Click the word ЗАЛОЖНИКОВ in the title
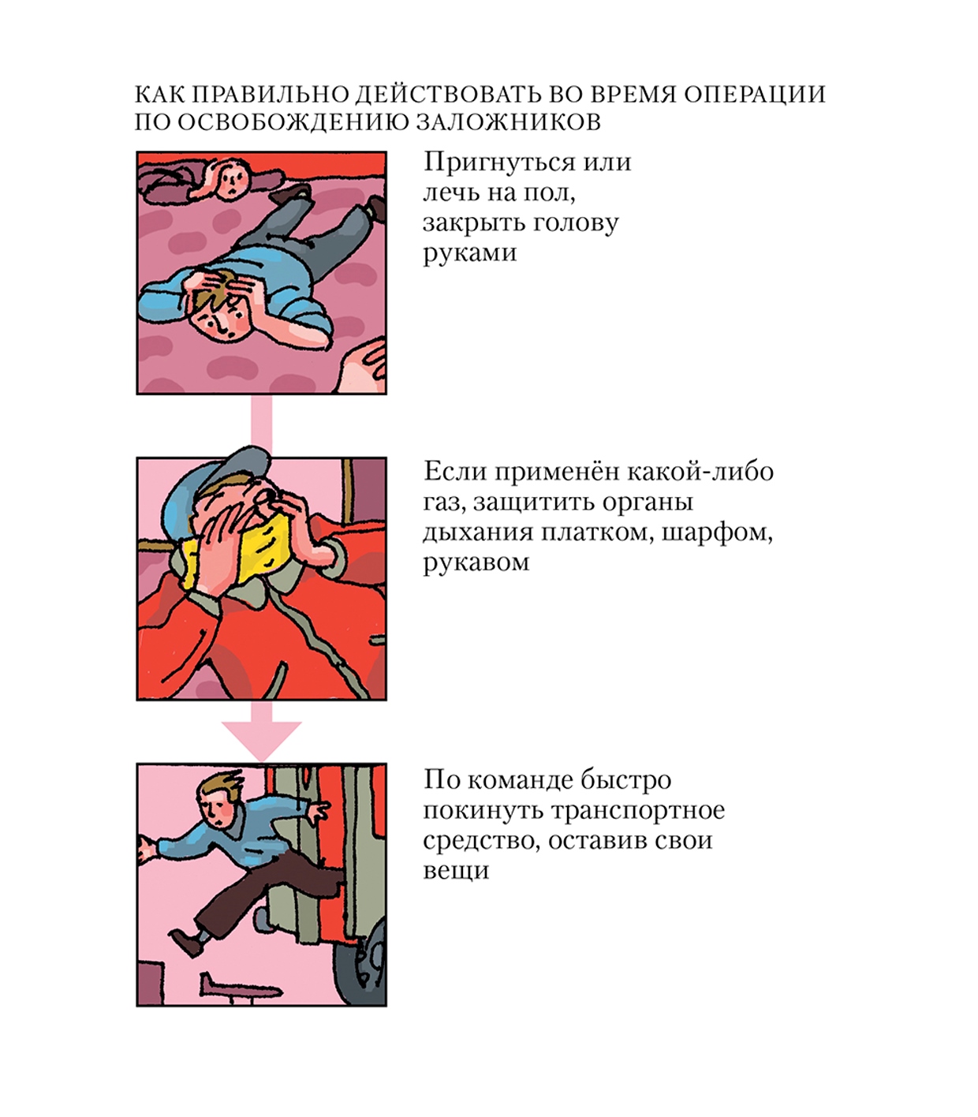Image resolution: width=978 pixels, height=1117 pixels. [509, 121]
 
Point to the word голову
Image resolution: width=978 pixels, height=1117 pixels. [571, 223]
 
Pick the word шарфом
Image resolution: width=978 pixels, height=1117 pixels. [717, 533]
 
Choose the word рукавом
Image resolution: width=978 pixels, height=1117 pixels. [476, 563]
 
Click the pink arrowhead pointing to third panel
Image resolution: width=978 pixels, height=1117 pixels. [261, 741]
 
